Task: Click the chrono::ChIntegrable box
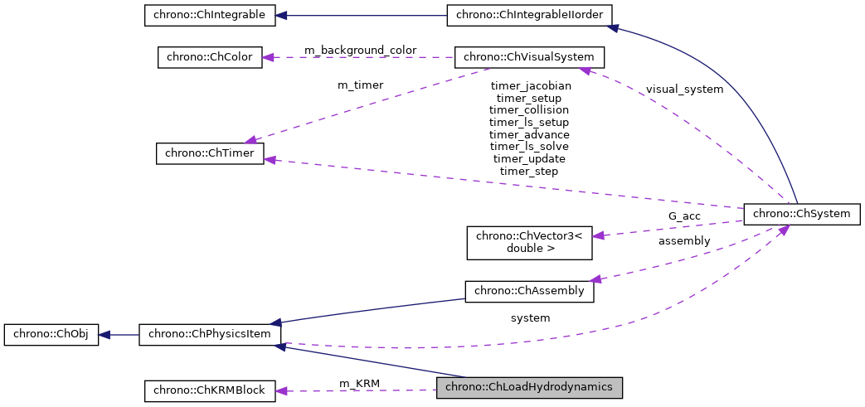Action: point(209,15)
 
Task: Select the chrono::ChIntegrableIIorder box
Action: point(530,15)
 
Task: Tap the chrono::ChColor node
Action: point(210,57)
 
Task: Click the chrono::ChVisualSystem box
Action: point(529,57)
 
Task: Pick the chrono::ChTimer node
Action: point(210,153)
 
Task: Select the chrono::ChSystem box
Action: point(802,213)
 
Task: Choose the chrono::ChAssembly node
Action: point(529,291)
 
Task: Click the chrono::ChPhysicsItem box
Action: point(210,335)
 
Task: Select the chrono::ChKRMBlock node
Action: point(210,390)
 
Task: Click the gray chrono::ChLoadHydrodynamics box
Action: point(529,387)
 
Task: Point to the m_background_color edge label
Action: point(360,51)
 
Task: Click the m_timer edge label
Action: point(360,85)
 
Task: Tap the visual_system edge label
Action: point(684,90)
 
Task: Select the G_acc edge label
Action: point(684,216)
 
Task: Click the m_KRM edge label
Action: point(360,383)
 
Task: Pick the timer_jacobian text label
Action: point(529,85)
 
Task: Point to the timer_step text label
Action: point(529,171)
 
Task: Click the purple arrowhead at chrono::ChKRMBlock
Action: point(281,390)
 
